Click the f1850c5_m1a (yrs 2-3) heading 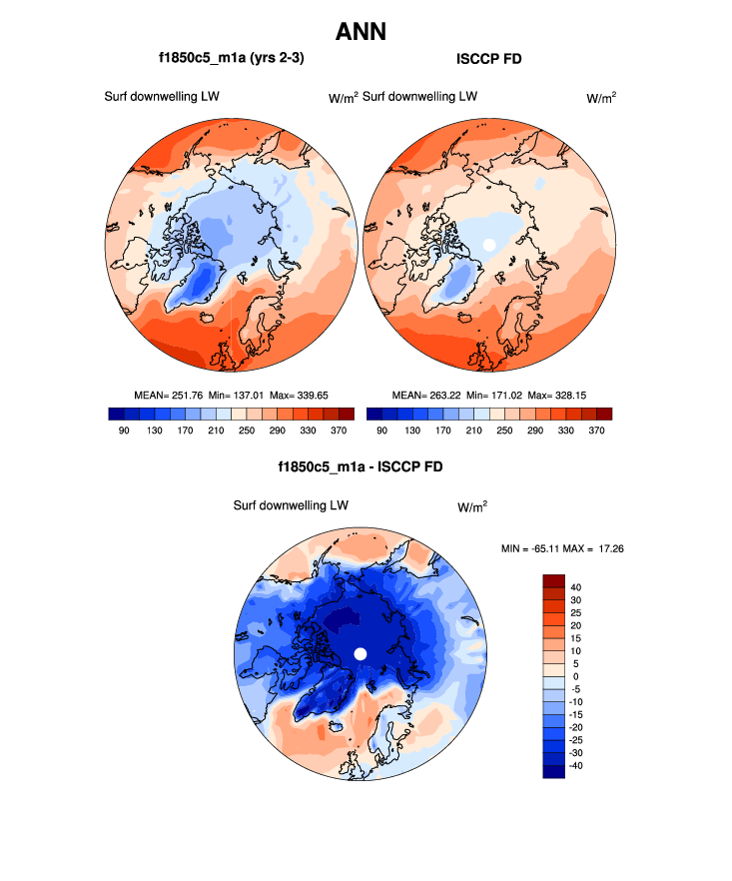click(231, 59)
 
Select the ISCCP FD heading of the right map click(489, 59)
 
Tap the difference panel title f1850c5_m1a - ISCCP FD click(361, 466)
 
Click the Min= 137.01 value click(237, 396)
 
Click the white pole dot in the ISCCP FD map click(488, 244)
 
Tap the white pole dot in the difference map click(362, 653)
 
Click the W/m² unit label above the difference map click(472, 507)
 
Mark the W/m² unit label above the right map click(600, 98)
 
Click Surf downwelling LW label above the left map click(162, 97)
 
